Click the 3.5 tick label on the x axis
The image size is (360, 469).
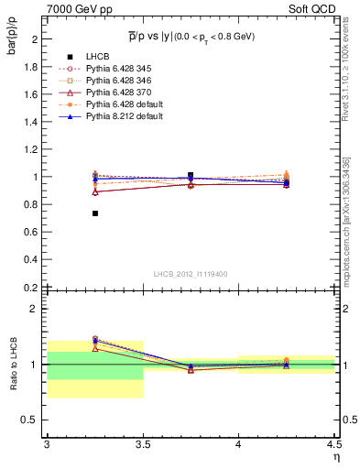(x=142, y=445)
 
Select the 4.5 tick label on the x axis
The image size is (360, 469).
(x=333, y=445)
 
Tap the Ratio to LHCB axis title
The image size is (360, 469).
(x=14, y=364)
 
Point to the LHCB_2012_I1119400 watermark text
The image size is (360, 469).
(x=190, y=274)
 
